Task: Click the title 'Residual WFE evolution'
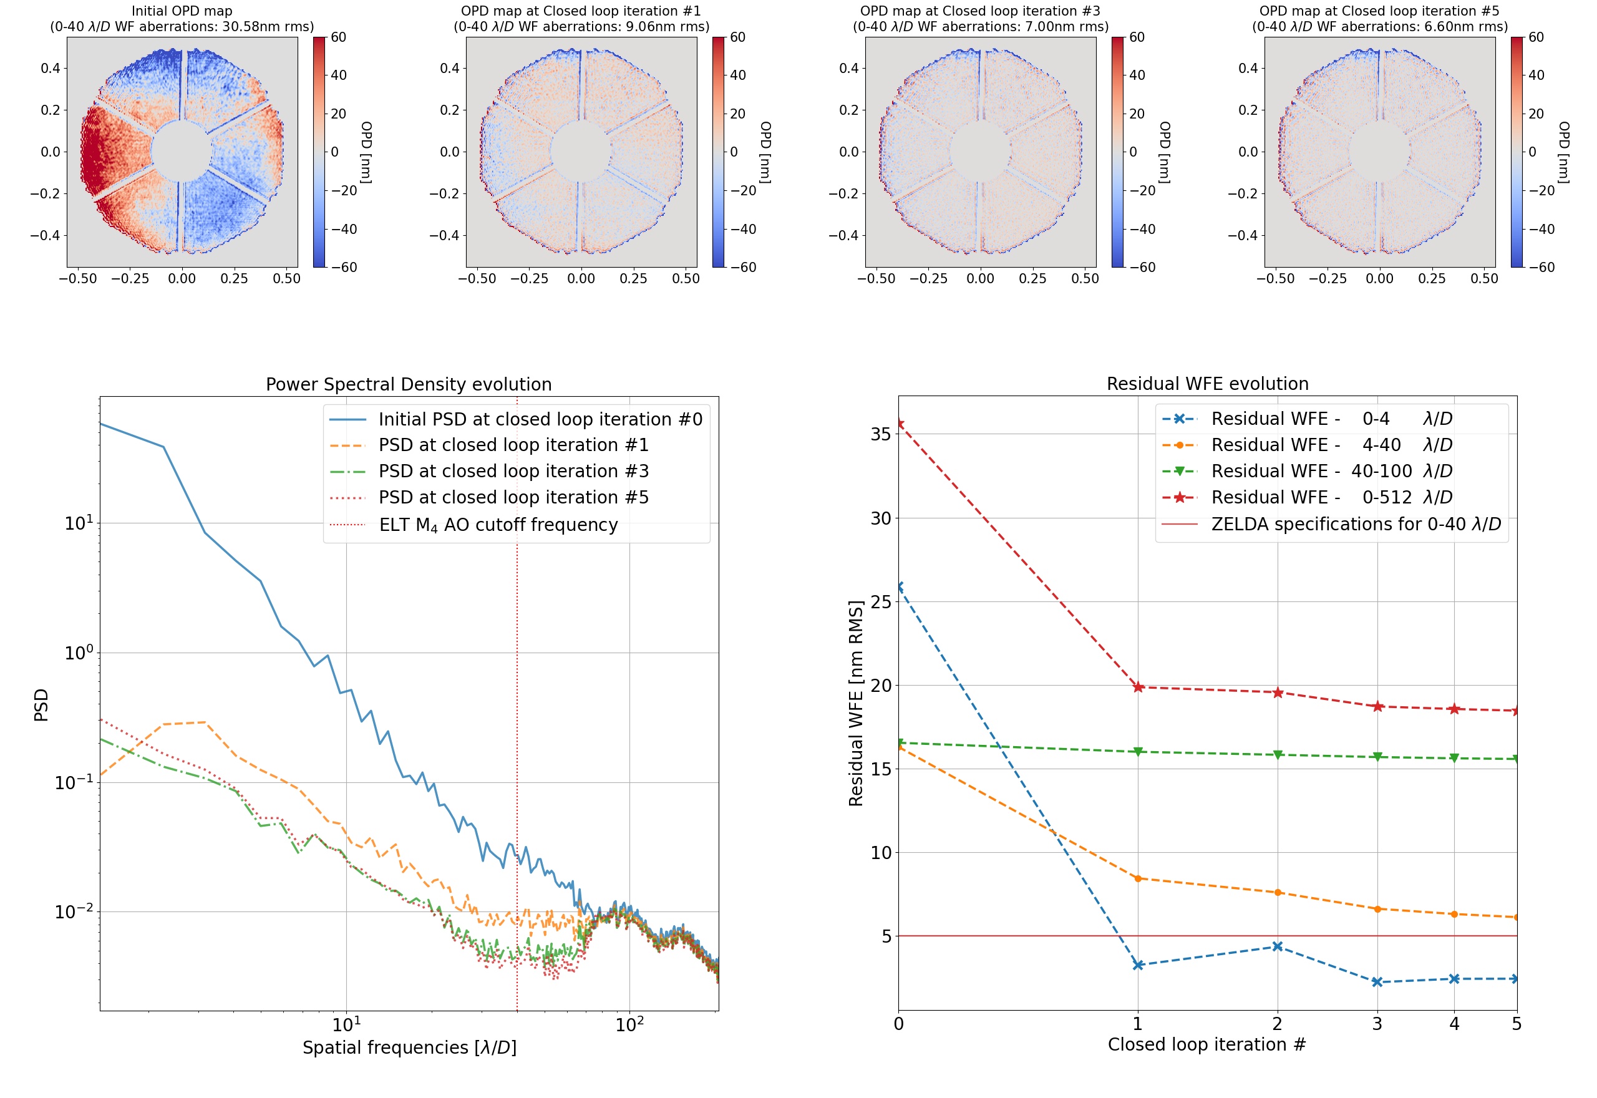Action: click(x=1207, y=383)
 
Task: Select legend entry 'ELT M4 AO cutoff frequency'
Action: click(x=498, y=525)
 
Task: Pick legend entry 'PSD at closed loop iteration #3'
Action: click(x=513, y=471)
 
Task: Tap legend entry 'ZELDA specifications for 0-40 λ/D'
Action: click(x=1356, y=524)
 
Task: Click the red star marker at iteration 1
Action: click(x=1138, y=687)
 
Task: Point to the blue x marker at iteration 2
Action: click(x=1277, y=946)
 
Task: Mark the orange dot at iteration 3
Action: click(x=1377, y=910)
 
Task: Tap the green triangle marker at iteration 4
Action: click(x=1454, y=758)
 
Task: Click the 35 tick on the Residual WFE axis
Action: click(x=881, y=434)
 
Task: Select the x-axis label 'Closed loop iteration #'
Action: click(x=1206, y=1044)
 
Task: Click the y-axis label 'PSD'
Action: click(x=41, y=704)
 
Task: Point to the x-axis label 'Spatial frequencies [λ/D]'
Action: click(x=409, y=1047)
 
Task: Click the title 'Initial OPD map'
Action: click(x=182, y=11)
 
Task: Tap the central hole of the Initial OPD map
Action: click(x=182, y=152)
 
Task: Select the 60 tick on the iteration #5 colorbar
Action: click(x=1536, y=37)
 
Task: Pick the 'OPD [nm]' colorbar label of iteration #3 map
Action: click(x=1165, y=152)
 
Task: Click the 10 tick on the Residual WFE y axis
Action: click(x=881, y=853)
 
